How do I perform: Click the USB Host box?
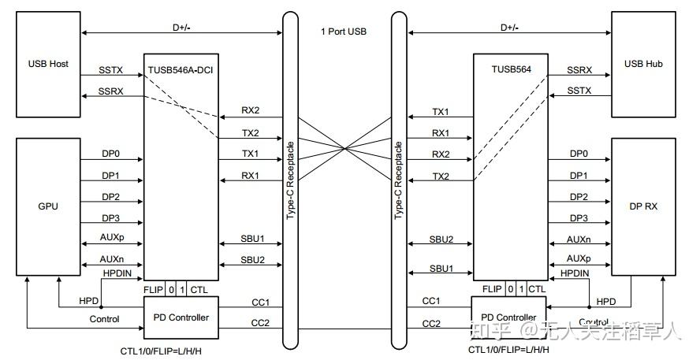click(x=48, y=65)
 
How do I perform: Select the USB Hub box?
click(x=643, y=65)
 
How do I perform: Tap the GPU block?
click(x=48, y=206)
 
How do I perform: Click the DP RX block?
click(x=643, y=206)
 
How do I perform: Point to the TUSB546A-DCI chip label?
click(x=181, y=70)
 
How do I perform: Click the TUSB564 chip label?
click(x=511, y=69)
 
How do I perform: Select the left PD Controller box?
click(x=181, y=317)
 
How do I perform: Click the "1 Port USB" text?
click(x=344, y=32)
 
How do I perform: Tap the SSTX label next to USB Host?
click(x=110, y=70)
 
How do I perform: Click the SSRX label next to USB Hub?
click(x=579, y=70)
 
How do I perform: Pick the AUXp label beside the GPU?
click(x=112, y=237)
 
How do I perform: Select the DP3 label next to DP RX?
click(x=579, y=218)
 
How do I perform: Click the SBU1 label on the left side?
click(x=253, y=239)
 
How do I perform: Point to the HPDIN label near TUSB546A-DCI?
click(x=117, y=273)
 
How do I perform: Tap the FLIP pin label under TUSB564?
click(x=492, y=289)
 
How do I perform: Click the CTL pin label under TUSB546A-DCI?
click(x=199, y=290)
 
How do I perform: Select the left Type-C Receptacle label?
click(x=291, y=180)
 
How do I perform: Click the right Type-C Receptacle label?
click(x=399, y=180)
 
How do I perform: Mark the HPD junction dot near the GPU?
click(x=101, y=307)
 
